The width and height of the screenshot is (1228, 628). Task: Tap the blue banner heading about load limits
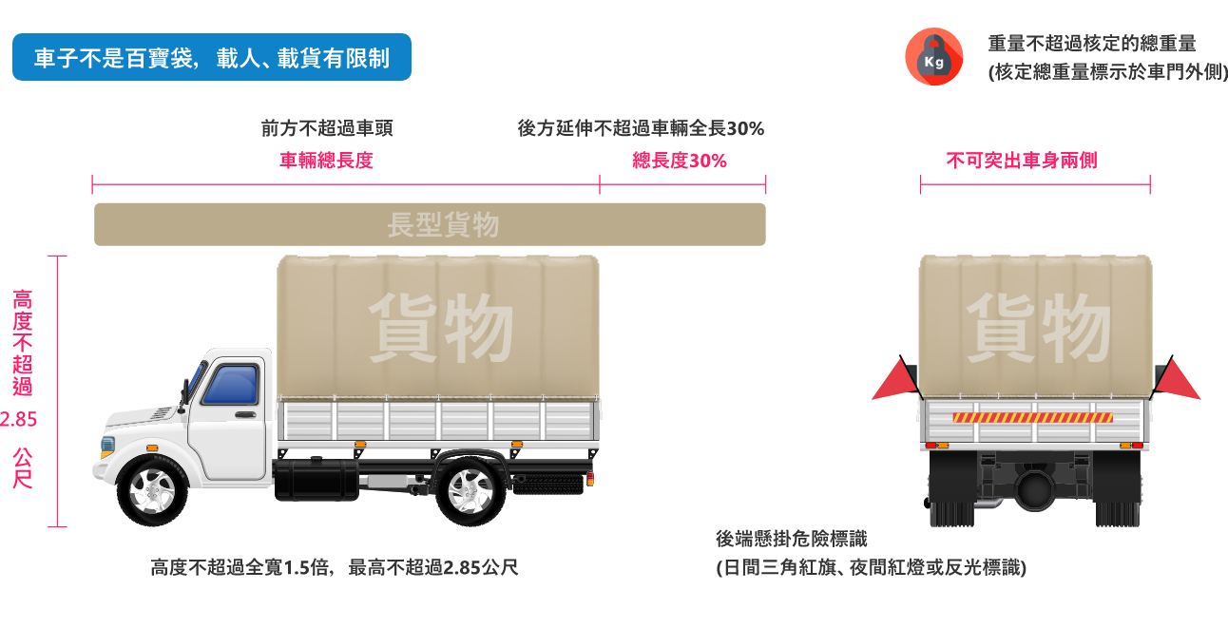coord(212,58)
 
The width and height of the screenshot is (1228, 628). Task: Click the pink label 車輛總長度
coord(326,161)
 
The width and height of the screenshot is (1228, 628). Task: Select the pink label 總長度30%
coord(680,161)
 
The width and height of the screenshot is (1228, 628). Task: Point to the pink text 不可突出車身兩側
coord(1022,161)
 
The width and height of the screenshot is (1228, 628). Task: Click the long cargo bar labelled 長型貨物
coord(430,225)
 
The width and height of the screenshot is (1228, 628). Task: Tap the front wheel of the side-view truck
coord(151,490)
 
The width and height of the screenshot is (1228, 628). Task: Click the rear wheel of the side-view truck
coord(470,490)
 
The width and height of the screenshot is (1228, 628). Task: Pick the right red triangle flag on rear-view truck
coord(1176,380)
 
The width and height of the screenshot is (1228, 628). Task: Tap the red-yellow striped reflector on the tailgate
coord(1033,417)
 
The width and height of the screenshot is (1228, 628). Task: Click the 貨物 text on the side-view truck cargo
coord(440,328)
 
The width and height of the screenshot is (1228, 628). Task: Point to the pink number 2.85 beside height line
coord(20,419)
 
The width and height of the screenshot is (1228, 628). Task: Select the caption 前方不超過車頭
coord(327,129)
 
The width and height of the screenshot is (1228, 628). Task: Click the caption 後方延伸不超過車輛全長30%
coord(641,129)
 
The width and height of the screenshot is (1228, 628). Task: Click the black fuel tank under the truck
coord(315,477)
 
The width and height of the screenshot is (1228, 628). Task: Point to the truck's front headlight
coord(106,445)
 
